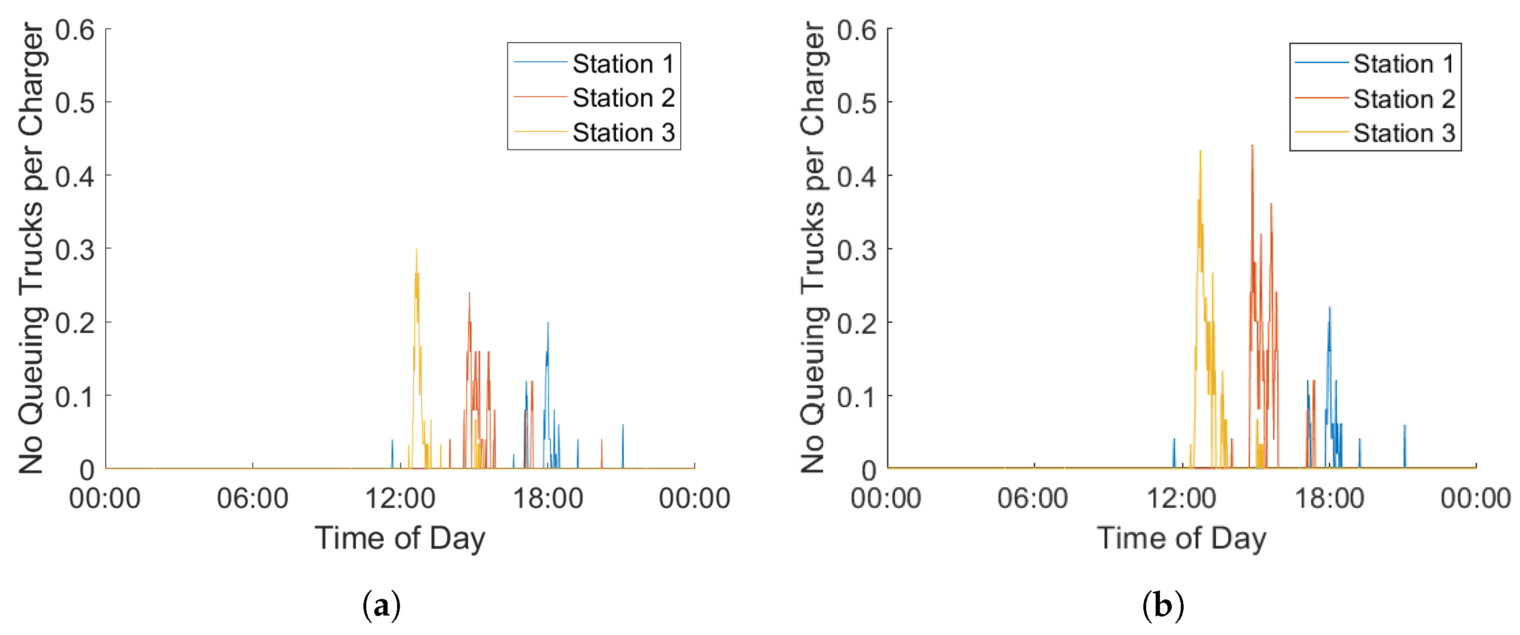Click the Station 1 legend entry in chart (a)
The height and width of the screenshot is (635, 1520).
point(594,63)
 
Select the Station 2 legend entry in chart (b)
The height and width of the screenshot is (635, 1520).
point(1375,99)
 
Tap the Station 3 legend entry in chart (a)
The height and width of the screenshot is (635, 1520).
point(594,132)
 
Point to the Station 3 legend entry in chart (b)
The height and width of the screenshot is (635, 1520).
point(1375,133)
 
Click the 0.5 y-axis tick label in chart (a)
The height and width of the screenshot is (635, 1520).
point(75,103)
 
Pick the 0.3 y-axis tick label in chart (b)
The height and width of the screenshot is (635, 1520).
point(857,250)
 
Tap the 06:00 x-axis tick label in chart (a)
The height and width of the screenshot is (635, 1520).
point(252,498)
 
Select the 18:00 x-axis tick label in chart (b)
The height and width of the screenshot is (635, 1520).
point(1329,498)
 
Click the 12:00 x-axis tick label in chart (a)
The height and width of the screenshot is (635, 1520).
point(400,498)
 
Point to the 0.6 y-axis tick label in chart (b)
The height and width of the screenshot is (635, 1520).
point(857,29)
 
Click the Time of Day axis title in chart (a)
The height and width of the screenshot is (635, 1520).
point(400,538)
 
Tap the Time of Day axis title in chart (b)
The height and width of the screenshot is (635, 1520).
point(1182,538)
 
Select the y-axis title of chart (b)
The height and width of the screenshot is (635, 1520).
point(814,247)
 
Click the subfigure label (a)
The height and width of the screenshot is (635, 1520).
point(381,606)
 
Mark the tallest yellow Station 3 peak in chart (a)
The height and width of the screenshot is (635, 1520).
point(416,249)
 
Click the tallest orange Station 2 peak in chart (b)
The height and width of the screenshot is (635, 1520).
point(1252,145)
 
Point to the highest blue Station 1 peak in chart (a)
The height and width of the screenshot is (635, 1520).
point(547,322)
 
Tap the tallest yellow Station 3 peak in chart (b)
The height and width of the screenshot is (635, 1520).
point(1200,151)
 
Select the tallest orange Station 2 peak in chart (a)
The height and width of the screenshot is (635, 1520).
point(469,293)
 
